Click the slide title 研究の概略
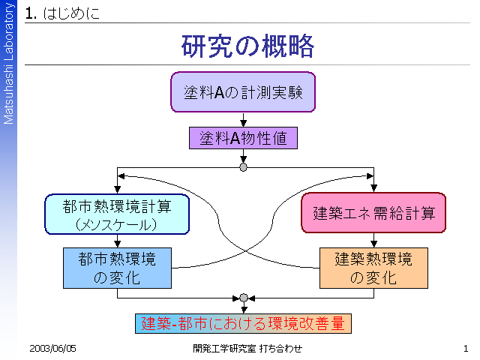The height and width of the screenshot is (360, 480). pos(247,46)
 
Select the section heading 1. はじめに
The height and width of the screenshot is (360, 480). pos(62,13)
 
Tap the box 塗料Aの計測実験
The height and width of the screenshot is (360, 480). pos(243,92)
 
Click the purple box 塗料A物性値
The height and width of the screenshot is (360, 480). pos(243,138)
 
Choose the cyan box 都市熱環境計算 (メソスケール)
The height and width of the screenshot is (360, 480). pos(117,214)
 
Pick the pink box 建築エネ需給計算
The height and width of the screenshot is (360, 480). pos(373,213)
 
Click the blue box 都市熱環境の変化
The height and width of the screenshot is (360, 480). pos(117,268)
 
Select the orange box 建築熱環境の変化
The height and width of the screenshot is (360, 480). pos(373,268)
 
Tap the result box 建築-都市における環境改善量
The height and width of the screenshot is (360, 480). pos(243,323)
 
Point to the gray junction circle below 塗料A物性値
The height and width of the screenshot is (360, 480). pos(243,167)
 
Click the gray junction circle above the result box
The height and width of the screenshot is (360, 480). pos(244,298)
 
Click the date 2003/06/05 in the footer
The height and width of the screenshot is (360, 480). pos(52,348)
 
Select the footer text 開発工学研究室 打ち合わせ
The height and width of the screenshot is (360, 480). pos(247,348)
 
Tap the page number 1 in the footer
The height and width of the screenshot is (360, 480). pos(466,348)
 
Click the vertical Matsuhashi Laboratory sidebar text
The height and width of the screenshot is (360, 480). pos(8,63)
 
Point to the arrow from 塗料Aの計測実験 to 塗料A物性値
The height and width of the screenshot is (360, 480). pos(243,120)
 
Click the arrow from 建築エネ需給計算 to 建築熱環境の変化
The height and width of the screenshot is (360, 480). pos(373,240)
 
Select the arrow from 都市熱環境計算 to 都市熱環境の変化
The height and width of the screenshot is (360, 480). pos(117,241)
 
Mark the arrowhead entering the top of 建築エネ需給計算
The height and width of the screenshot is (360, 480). pos(373,188)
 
